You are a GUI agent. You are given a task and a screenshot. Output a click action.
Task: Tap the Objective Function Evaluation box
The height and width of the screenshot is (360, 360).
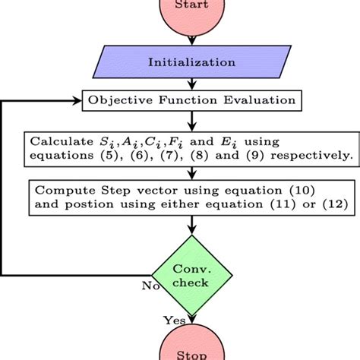pyautogui.click(x=193, y=99)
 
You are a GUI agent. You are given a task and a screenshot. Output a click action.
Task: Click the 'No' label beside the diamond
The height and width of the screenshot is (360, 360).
pyautogui.click(x=150, y=286)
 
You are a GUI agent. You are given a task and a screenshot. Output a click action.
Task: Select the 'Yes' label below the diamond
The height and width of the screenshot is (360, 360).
pyautogui.click(x=175, y=321)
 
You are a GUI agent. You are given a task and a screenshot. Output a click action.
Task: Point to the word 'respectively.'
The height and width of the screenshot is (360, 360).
pyautogui.click(x=315, y=156)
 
